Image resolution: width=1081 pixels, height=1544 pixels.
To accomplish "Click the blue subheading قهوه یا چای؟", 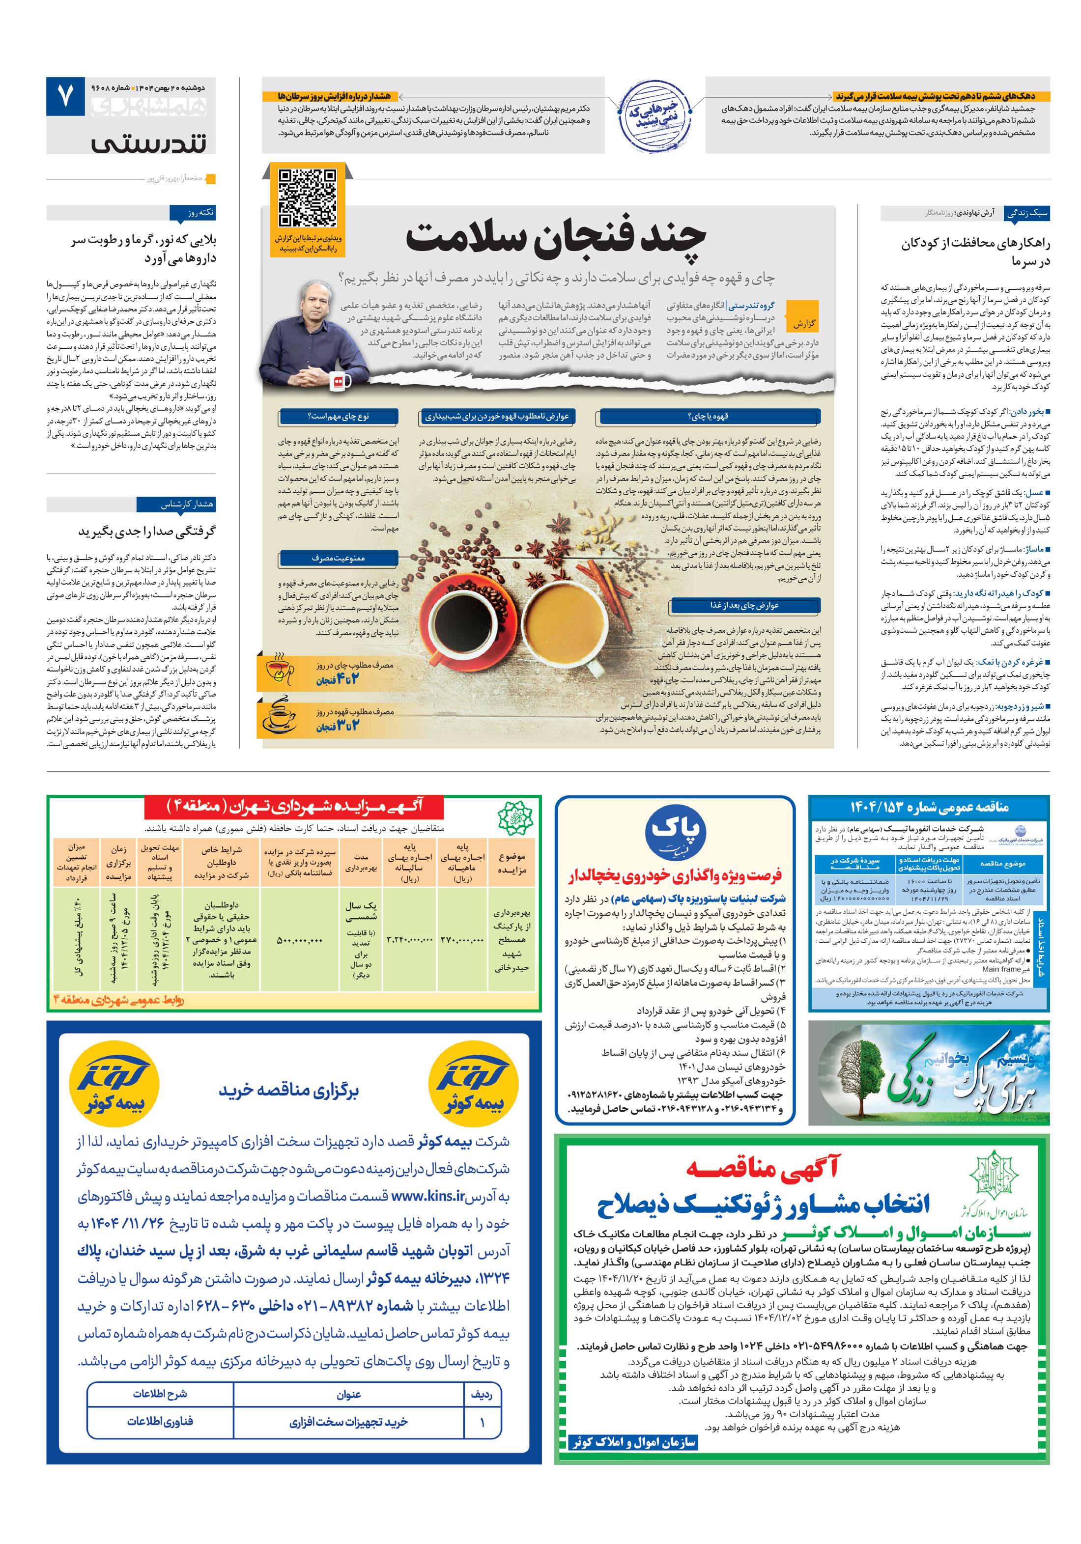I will tap(708, 416).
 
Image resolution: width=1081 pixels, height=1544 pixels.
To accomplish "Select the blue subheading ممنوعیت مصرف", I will tap(338, 558).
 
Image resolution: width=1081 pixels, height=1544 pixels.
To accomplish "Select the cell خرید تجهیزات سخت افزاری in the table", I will tap(348, 1422).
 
